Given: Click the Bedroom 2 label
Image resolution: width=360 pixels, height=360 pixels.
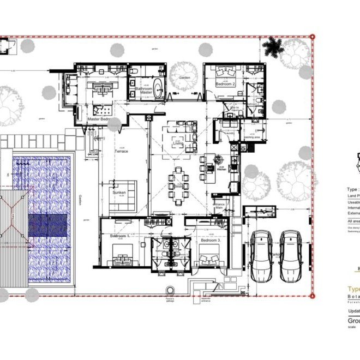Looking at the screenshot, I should (225, 85).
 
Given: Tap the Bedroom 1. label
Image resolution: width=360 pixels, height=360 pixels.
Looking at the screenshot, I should (120, 236).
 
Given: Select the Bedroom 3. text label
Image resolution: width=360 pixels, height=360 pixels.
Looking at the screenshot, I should (210, 240).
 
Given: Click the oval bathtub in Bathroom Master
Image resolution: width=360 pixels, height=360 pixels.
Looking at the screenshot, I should (158, 88).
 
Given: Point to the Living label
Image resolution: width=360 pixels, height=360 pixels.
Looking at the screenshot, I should (178, 143).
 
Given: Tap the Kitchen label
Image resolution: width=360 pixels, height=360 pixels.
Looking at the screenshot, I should (221, 170).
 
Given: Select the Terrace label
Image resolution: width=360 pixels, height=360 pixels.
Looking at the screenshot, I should (121, 151).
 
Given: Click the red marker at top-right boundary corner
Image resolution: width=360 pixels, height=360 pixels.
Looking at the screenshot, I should (313, 37).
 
